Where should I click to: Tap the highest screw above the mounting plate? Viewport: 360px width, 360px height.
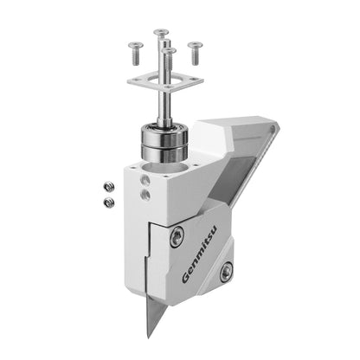(160, 35)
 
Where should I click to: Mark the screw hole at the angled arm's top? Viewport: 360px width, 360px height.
(273, 132)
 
